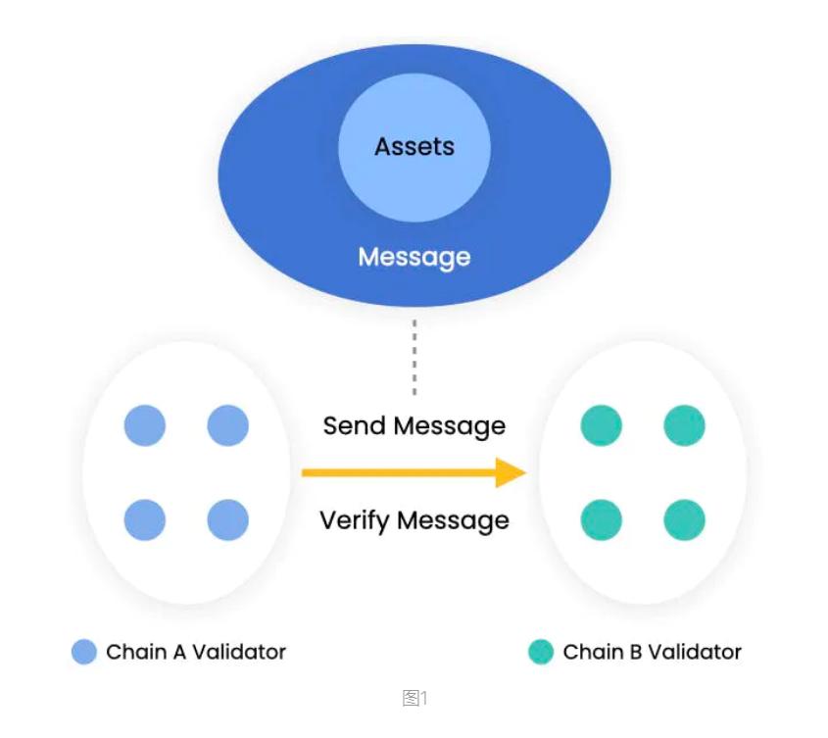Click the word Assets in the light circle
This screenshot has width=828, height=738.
[x=414, y=147]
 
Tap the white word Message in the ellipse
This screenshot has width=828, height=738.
[x=414, y=257]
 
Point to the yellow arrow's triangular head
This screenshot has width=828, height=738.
[x=511, y=472]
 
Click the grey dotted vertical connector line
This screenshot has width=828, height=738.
[x=414, y=357]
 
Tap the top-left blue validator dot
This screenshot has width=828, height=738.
[x=145, y=426]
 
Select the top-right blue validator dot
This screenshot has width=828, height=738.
[x=228, y=426]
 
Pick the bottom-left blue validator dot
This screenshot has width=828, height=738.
[x=145, y=519]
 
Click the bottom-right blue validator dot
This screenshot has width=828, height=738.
[x=228, y=519]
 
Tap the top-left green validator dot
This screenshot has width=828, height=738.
[x=602, y=426]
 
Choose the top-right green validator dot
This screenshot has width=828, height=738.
[x=684, y=426]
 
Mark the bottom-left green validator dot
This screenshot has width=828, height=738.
[x=602, y=519]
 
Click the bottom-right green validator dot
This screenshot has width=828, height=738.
[x=684, y=519]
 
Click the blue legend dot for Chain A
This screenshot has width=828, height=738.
[x=85, y=652]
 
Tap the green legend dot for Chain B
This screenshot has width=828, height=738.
[x=541, y=652]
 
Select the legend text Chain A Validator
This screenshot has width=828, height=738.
[x=196, y=652]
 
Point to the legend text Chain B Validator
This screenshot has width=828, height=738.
[x=652, y=652]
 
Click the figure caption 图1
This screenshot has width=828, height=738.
[x=415, y=698]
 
